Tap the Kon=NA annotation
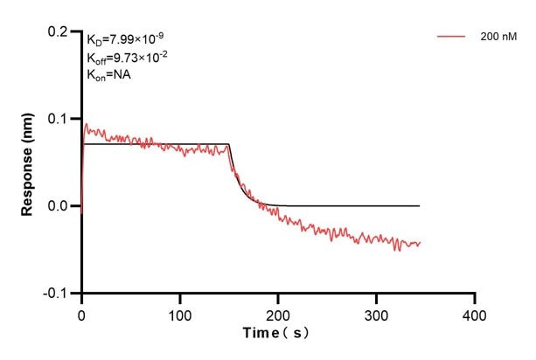point(109,74)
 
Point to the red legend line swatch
point(450,37)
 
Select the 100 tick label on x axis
point(179,310)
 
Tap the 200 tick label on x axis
point(277,310)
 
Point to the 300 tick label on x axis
point(376,310)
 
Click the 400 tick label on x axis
point(474,310)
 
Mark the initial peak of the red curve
point(86,124)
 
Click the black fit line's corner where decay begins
point(229,144)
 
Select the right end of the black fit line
point(420,205)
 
